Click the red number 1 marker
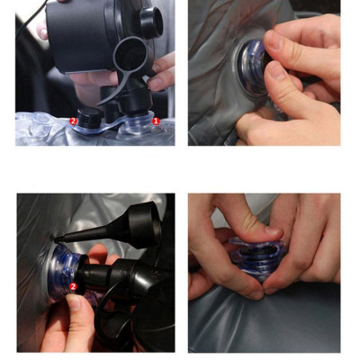point(156,121)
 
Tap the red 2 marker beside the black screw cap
point(73,121)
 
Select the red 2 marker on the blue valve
point(73,286)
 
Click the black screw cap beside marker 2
point(89,118)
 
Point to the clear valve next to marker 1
point(140,123)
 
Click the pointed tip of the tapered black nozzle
point(57,239)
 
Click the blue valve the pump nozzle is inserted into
point(65,272)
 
